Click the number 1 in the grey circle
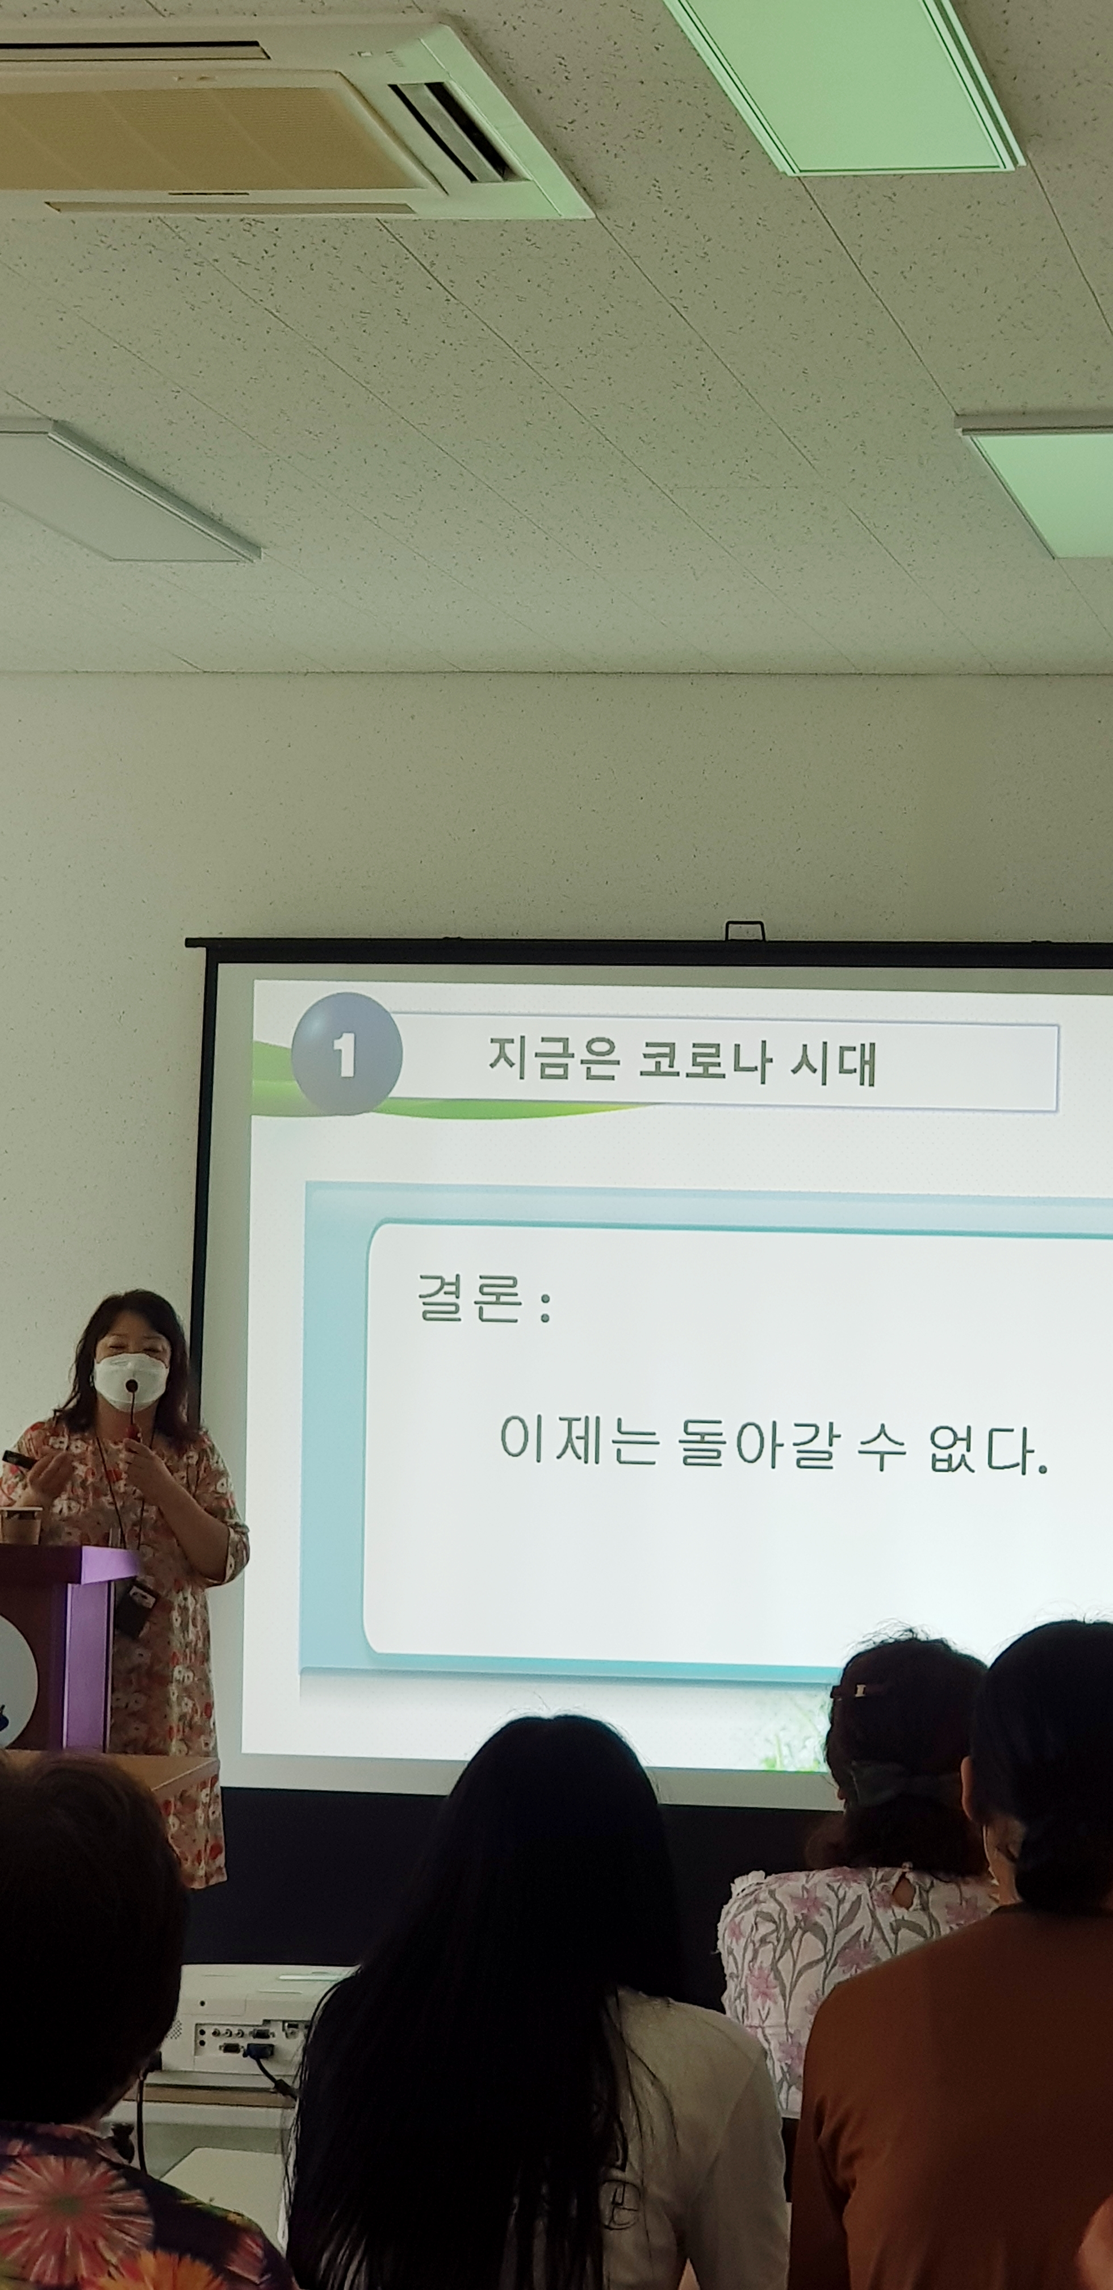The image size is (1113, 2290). [344, 1055]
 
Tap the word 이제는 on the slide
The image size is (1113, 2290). [579, 1439]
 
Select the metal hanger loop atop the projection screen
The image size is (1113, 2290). [745, 930]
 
